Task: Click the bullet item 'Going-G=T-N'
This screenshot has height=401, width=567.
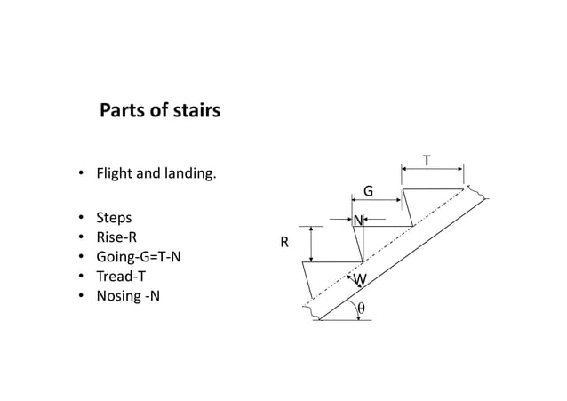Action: (x=132, y=257)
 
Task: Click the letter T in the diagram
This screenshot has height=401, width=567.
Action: (x=427, y=161)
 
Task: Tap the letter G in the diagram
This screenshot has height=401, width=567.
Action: (x=369, y=191)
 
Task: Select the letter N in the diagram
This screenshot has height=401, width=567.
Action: (x=357, y=220)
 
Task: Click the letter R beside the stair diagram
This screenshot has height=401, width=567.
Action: (x=284, y=242)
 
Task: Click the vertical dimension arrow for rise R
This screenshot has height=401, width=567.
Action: (x=310, y=243)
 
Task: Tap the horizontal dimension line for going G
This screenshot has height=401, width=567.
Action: (x=377, y=201)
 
